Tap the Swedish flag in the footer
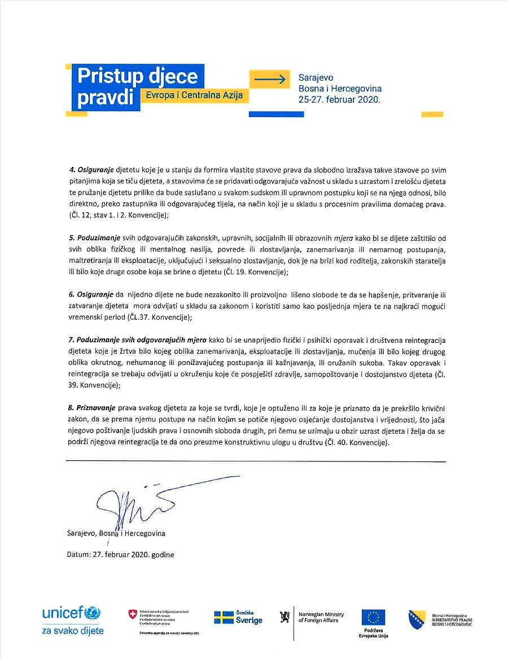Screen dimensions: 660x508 [224, 617]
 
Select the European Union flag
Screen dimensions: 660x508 [373, 617]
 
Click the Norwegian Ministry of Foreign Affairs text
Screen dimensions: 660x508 [321, 617]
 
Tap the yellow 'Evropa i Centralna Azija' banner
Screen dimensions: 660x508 [194, 95]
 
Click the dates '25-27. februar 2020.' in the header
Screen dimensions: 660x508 [339, 99]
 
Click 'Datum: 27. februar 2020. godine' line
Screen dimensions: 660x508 [120, 554]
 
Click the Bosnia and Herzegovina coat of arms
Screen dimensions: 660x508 [416, 619]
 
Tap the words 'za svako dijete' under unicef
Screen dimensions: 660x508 [73, 631]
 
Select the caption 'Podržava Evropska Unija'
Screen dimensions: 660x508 [373, 632]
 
